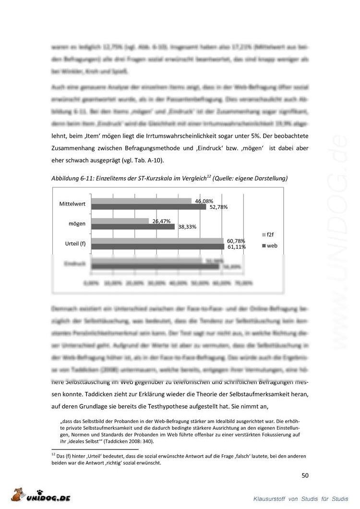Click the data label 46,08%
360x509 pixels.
204,201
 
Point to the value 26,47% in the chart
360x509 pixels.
162,221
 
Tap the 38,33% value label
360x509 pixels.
188,227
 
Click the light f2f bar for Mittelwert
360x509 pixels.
141,201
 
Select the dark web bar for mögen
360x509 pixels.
133,227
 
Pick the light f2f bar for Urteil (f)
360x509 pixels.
157,241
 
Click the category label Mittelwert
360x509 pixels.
72,204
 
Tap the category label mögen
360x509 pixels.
77,224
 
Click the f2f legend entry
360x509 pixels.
269,235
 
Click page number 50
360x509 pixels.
305,475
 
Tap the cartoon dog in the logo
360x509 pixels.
19,494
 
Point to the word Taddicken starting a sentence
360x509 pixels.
94,394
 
